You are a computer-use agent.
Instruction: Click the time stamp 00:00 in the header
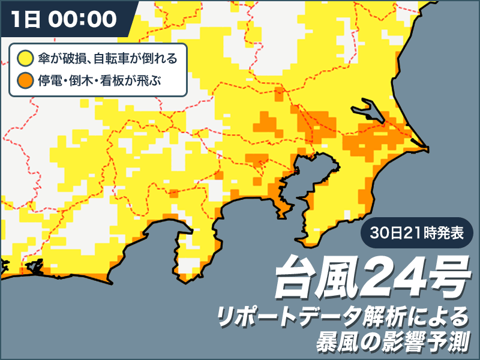coord(81,19)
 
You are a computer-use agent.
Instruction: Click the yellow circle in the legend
coord(25,58)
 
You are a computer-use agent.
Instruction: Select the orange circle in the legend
coord(25,80)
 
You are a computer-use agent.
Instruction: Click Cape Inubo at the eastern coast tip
coord(425,146)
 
